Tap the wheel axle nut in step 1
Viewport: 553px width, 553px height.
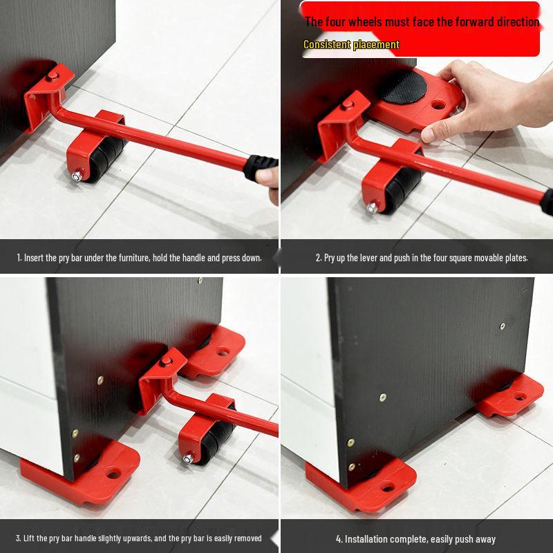click(x=75, y=177)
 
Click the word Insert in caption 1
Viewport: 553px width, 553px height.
click(x=34, y=258)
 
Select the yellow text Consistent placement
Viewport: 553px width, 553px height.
click(x=351, y=44)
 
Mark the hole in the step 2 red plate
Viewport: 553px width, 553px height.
click(x=438, y=106)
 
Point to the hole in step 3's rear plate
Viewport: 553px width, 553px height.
click(x=222, y=351)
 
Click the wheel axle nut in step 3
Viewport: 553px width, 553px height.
click(x=187, y=458)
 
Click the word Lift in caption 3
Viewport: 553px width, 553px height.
click(x=32, y=538)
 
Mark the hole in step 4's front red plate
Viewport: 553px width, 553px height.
click(x=387, y=487)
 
